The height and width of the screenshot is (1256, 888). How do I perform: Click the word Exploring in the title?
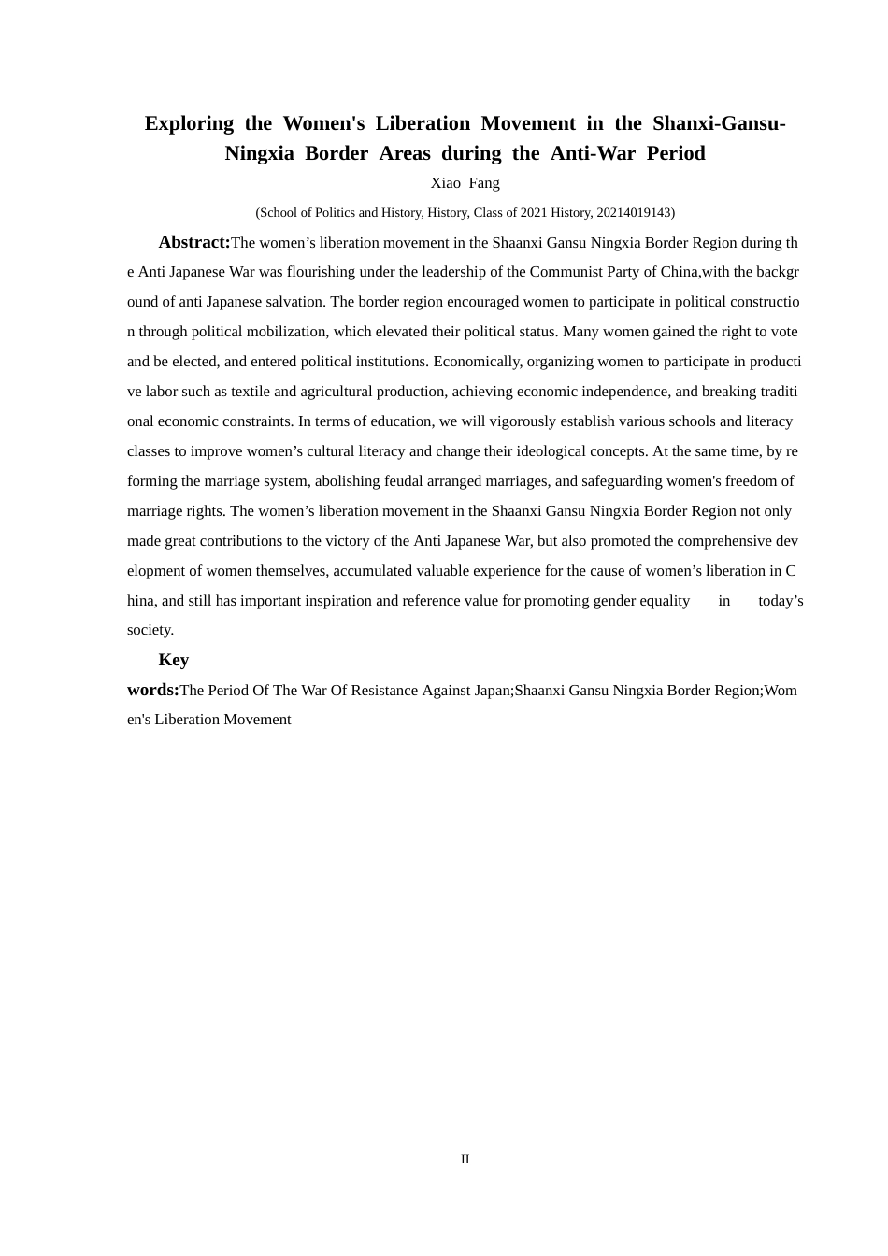point(189,123)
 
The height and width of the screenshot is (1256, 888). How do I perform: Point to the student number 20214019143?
point(633,213)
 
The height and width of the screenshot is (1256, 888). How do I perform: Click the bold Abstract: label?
point(194,242)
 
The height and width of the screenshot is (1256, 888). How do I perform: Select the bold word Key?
point(174,660)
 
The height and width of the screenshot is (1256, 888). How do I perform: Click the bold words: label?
point(152,690)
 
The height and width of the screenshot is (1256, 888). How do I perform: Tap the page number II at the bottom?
point(465,1160)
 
